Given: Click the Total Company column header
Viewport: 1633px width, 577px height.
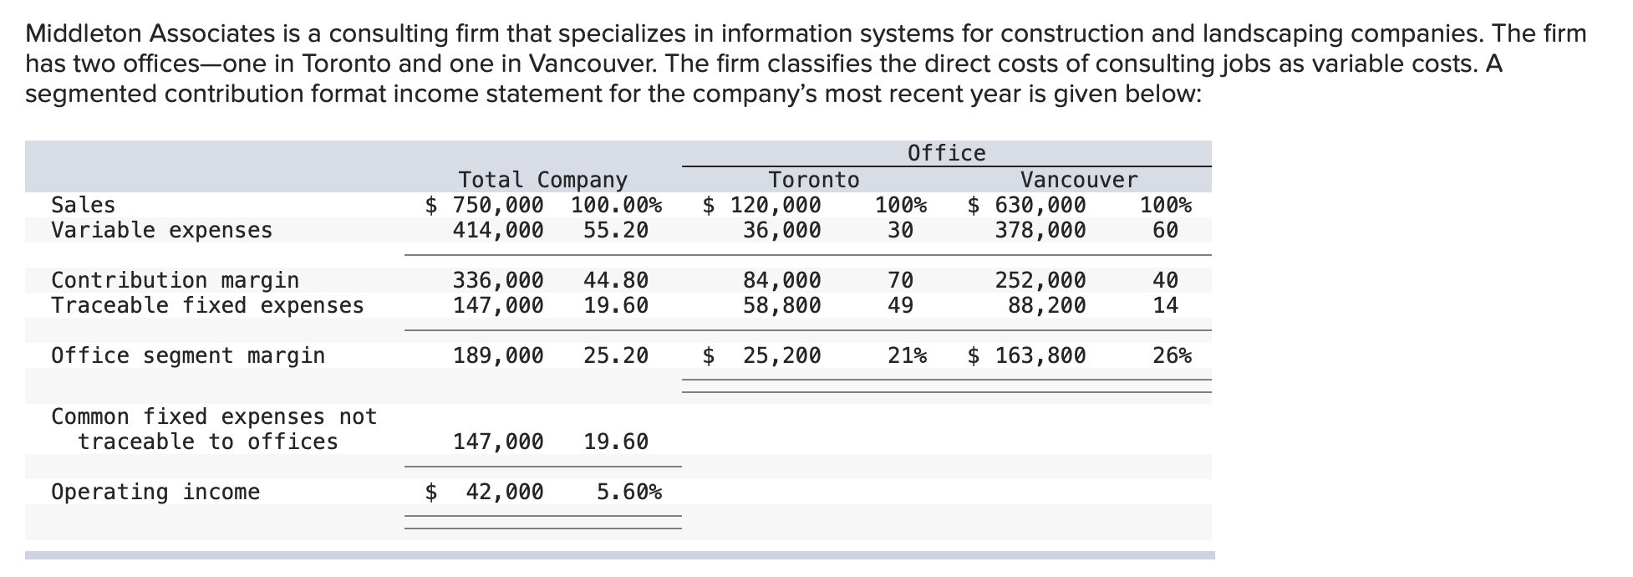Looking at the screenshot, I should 542,180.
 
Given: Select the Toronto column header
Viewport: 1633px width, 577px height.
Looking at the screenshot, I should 813,180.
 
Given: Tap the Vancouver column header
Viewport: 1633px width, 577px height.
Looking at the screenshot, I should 1078,180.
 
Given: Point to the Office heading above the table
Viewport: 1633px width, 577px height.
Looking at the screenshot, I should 946,153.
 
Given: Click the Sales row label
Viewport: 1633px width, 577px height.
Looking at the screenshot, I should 83,205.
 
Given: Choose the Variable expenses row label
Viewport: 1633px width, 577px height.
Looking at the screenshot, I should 161,230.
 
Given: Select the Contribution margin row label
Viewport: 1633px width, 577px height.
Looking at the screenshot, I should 175,280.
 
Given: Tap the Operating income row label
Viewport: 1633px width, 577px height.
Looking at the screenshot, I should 155,492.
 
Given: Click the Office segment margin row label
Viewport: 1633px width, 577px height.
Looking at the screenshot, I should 188,355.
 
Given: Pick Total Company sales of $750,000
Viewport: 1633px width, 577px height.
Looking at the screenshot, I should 485,205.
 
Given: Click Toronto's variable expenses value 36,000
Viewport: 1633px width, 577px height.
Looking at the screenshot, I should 781,230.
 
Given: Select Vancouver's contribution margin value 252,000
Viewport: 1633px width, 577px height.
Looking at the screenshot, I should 1040,280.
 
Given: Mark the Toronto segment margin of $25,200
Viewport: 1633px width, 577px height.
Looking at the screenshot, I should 763,355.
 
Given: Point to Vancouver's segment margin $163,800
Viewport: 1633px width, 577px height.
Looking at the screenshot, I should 1027,355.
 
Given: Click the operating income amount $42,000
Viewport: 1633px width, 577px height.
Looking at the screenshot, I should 486,492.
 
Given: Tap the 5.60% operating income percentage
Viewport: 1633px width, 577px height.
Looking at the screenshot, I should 628,492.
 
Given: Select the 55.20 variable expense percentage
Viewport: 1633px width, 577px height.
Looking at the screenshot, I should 616,230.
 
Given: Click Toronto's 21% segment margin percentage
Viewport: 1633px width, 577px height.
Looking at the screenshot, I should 907,355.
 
